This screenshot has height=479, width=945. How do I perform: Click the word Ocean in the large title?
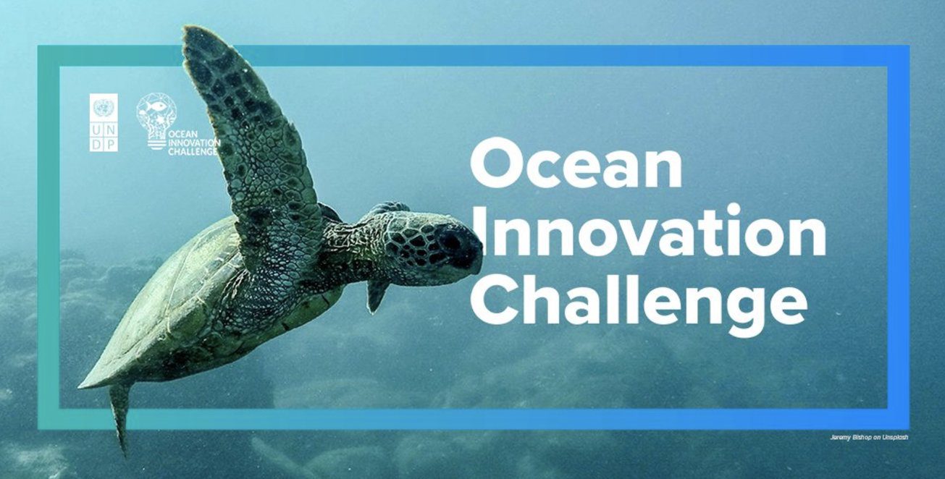click(576, 164)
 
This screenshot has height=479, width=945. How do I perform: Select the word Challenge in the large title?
click(639, 305)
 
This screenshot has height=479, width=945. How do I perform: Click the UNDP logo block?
click(104, 123)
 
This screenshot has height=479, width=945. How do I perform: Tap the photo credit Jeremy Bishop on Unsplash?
click(869, 438)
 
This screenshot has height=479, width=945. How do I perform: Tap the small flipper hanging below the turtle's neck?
click(377, 295)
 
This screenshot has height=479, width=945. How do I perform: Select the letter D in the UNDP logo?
click(96, 143)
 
